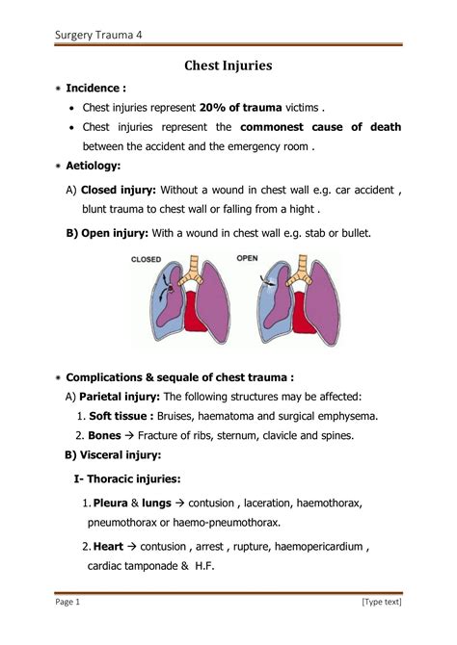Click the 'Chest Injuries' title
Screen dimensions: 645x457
(x=228, y=66)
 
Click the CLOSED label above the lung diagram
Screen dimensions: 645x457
(x=146, y=259)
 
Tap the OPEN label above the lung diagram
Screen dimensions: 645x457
(x=248, y=258)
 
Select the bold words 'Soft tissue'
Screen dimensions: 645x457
(x=121, y=416)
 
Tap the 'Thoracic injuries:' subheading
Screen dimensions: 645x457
(x=139, y=478)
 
